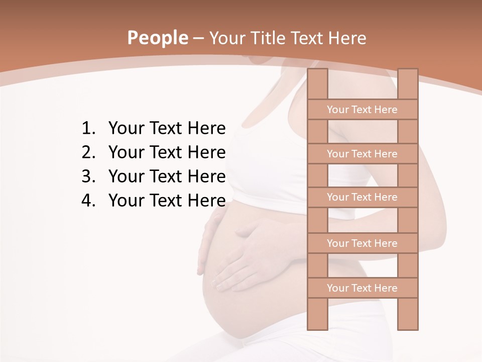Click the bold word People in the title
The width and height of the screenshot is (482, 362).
click(x=158, y=38)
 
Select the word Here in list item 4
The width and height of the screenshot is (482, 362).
click(x=206, y=201)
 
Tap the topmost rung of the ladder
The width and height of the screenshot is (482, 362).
click(x=362, y=110)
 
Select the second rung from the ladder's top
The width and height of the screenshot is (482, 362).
click(x=362, y=154)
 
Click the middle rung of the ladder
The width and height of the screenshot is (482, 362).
click(x=362, y=197)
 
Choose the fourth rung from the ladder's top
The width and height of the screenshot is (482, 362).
click(x=362, y=243)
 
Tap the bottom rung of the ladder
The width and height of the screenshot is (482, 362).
click(x=362, y=288)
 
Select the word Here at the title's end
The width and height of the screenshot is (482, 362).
click(x=347, y=38)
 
